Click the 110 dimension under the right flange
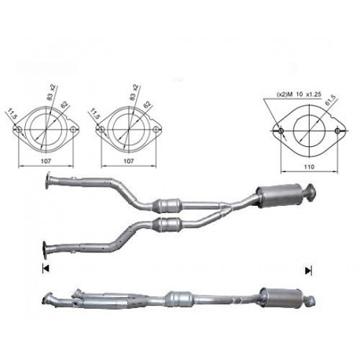click(x=309, y=167)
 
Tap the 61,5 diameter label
click(x=330, y=100)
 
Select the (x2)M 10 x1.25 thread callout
click(x=299, y=94)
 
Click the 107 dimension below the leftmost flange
click(x=46, y=161)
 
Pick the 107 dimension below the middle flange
click(x=128, y=161)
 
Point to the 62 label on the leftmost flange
click(x=64, y=105)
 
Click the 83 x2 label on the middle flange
click(x=134, y=93)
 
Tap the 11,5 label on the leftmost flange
click(x=11, y=114)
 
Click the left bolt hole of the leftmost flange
click(x=19, y=129)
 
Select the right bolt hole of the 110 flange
click(x=337, y=130)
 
